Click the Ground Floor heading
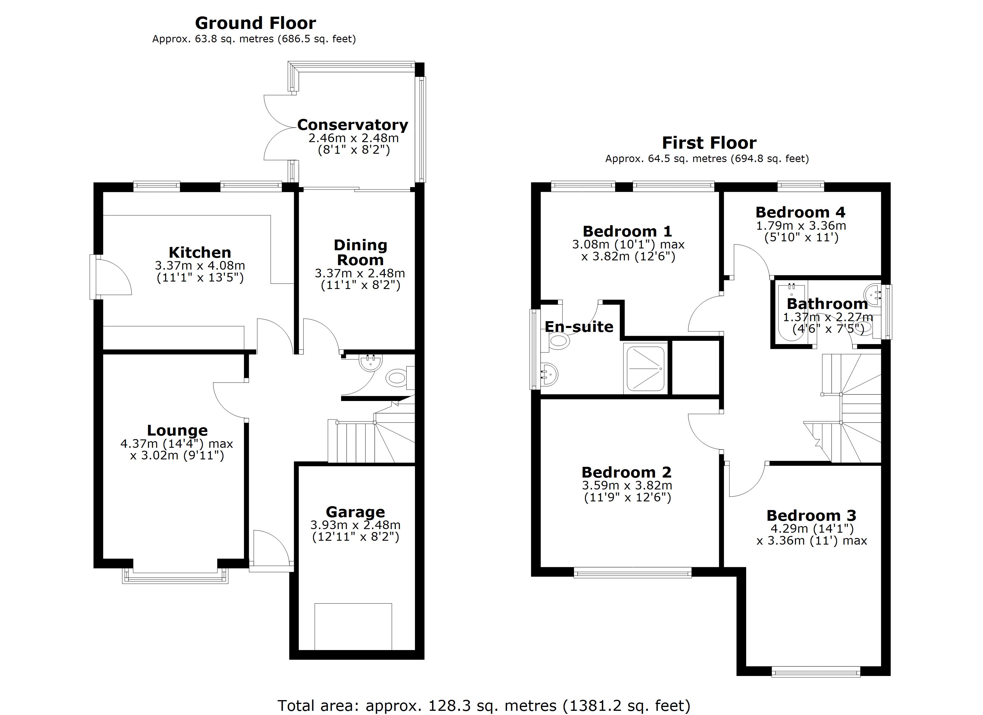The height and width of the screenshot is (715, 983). (255, 23)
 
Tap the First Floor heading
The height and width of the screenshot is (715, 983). (709, 143)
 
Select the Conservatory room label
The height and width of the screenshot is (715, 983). (352, 125)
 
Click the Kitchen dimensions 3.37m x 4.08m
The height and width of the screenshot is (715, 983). (200, 265)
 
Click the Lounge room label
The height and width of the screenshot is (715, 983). (177, 430)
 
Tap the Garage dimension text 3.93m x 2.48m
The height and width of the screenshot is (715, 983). (355, 525)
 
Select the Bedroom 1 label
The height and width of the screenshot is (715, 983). (627, 231)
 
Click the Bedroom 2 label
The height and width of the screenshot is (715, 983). (626, 472)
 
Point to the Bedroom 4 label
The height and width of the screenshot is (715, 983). (800, 212)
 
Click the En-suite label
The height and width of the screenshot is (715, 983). (578, 327)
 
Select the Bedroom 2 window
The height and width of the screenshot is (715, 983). (632, 573)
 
